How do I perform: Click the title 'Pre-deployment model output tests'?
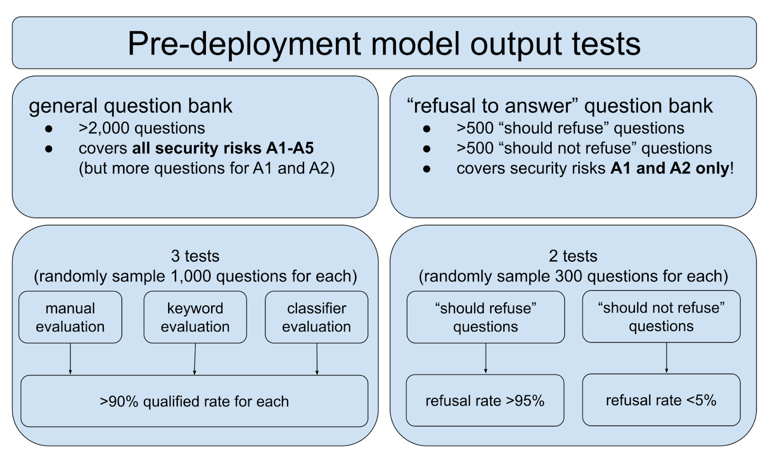pos(384,44)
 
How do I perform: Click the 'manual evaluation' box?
pos(70,317)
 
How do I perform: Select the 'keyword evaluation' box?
pos(195,317)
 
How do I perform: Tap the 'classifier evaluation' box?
pos(316,317)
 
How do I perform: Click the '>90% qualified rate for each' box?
pos(194,401)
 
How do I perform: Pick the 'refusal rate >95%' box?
pos(485,400)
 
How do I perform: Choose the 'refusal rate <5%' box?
pos(661,400)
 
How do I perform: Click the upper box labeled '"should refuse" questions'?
pos(485,317)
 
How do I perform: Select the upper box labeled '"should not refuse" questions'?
pos(661,316)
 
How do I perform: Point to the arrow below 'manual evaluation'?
pos(70,359)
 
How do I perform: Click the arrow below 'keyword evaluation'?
pos(195,359)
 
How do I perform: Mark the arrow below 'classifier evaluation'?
pos(317,359)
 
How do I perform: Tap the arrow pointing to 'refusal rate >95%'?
pos(485,358)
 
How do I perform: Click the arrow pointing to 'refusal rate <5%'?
pos(666,358)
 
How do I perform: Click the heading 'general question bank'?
pos(130,106)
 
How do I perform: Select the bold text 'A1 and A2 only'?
pos(670,168)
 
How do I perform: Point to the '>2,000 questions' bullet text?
pos(141,128)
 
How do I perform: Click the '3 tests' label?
pos(195,256)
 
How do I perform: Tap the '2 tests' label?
pos(573,256)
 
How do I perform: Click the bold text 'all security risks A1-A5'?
pos(223,148)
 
